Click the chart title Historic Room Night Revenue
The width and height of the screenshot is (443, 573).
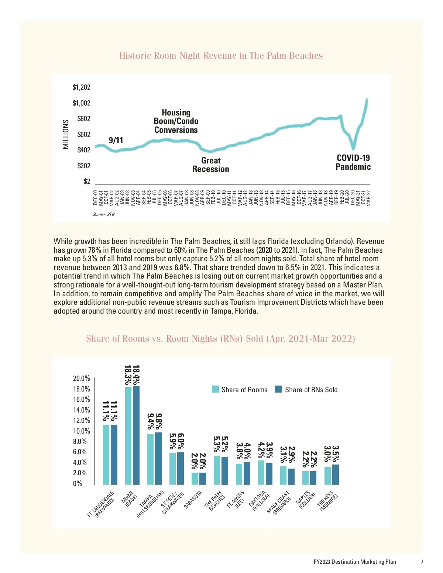pyautogui.click(x=221, y=56)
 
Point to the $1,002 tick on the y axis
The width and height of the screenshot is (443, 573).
pyautogui.click(x=82, y=103)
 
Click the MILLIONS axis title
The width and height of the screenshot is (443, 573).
pyautogui.click(x=66, y=134)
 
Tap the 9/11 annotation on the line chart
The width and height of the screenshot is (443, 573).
pyautogui.click(x=116, y=140)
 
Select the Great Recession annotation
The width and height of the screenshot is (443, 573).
pyautogui.click(x=211, y=165)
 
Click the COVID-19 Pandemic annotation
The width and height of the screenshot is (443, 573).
pyautogui.click(x=353, y=162)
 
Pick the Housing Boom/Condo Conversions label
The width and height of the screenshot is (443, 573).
pyautogui.click(x=176, y=121)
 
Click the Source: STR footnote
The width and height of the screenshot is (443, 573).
pyautogui.click(x=104, y=214)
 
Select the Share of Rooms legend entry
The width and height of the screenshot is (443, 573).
pyautogui.click(x=240, y=390)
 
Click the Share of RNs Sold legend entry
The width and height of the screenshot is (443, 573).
pyautogui.click(x=306, y=390)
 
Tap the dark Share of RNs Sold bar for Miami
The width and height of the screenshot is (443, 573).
pyautogui.click(x=136, y=435)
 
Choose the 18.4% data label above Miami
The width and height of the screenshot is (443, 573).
pyautogui.click(x=136, y=374)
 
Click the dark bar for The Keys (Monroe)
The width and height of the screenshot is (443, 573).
pyautogui.click(x=336, y=474)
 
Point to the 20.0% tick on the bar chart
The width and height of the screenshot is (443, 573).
pyautogui.click(x=82, y=378)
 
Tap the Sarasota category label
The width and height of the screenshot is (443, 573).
pyautogui.click(x=193, y=500)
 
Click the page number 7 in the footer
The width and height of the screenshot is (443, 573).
pyautogui.click(x=422, y=562)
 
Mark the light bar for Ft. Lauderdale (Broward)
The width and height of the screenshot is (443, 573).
pyautogui.click(x=106, y=455)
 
